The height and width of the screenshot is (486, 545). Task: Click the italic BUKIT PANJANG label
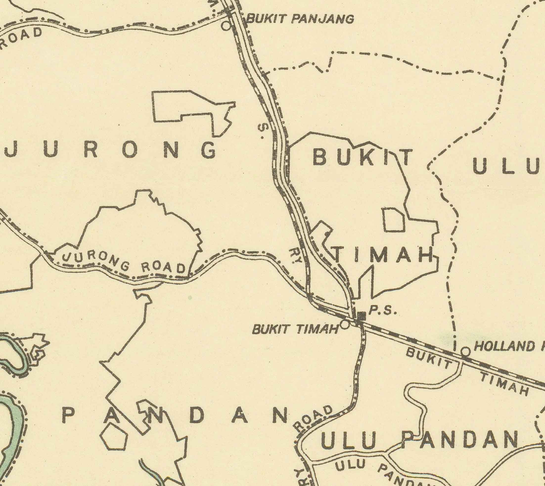[x=300, y=19]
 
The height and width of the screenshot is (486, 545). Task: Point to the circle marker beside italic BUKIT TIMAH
[x=345, y=325]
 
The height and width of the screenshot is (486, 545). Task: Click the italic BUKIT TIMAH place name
[x=295, y=329]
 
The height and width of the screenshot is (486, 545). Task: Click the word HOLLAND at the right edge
[x=504, y=347]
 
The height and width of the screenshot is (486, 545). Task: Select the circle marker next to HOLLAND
[x=465, y=352]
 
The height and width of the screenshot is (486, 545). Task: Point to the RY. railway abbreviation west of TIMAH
[x=295, y=256]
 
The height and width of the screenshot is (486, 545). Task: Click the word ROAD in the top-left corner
[x=21, y=37]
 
